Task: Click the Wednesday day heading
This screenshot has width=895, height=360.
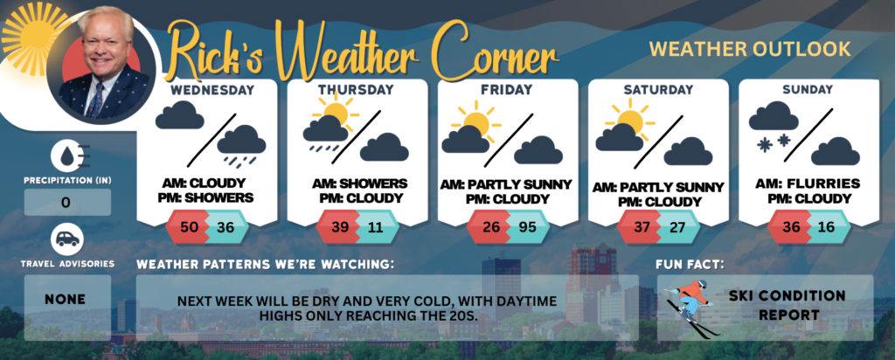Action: (x=212, y=90)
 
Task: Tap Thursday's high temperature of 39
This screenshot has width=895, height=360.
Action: (x=342, y=226)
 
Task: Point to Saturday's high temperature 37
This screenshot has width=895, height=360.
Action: (x=643, y=226)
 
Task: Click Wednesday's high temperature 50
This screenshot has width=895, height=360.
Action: (x=191, y=226)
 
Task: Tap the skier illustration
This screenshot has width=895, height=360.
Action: (x=691, y=307)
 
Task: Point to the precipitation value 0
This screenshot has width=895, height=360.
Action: (x=66, y=202)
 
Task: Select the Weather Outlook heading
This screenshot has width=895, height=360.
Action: (x=750, y=49)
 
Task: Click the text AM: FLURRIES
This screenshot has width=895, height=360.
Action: (x=808, y=184)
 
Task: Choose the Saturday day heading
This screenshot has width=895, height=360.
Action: (x=658, y=90)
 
